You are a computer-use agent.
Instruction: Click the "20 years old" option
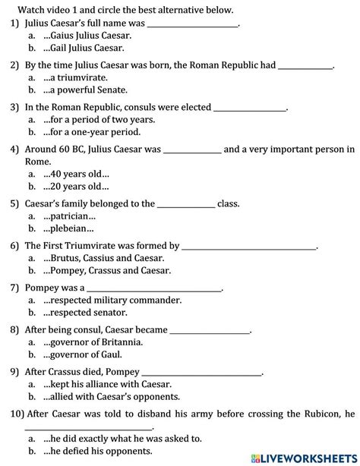[77, 186]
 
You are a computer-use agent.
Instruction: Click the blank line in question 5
[186, 204]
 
